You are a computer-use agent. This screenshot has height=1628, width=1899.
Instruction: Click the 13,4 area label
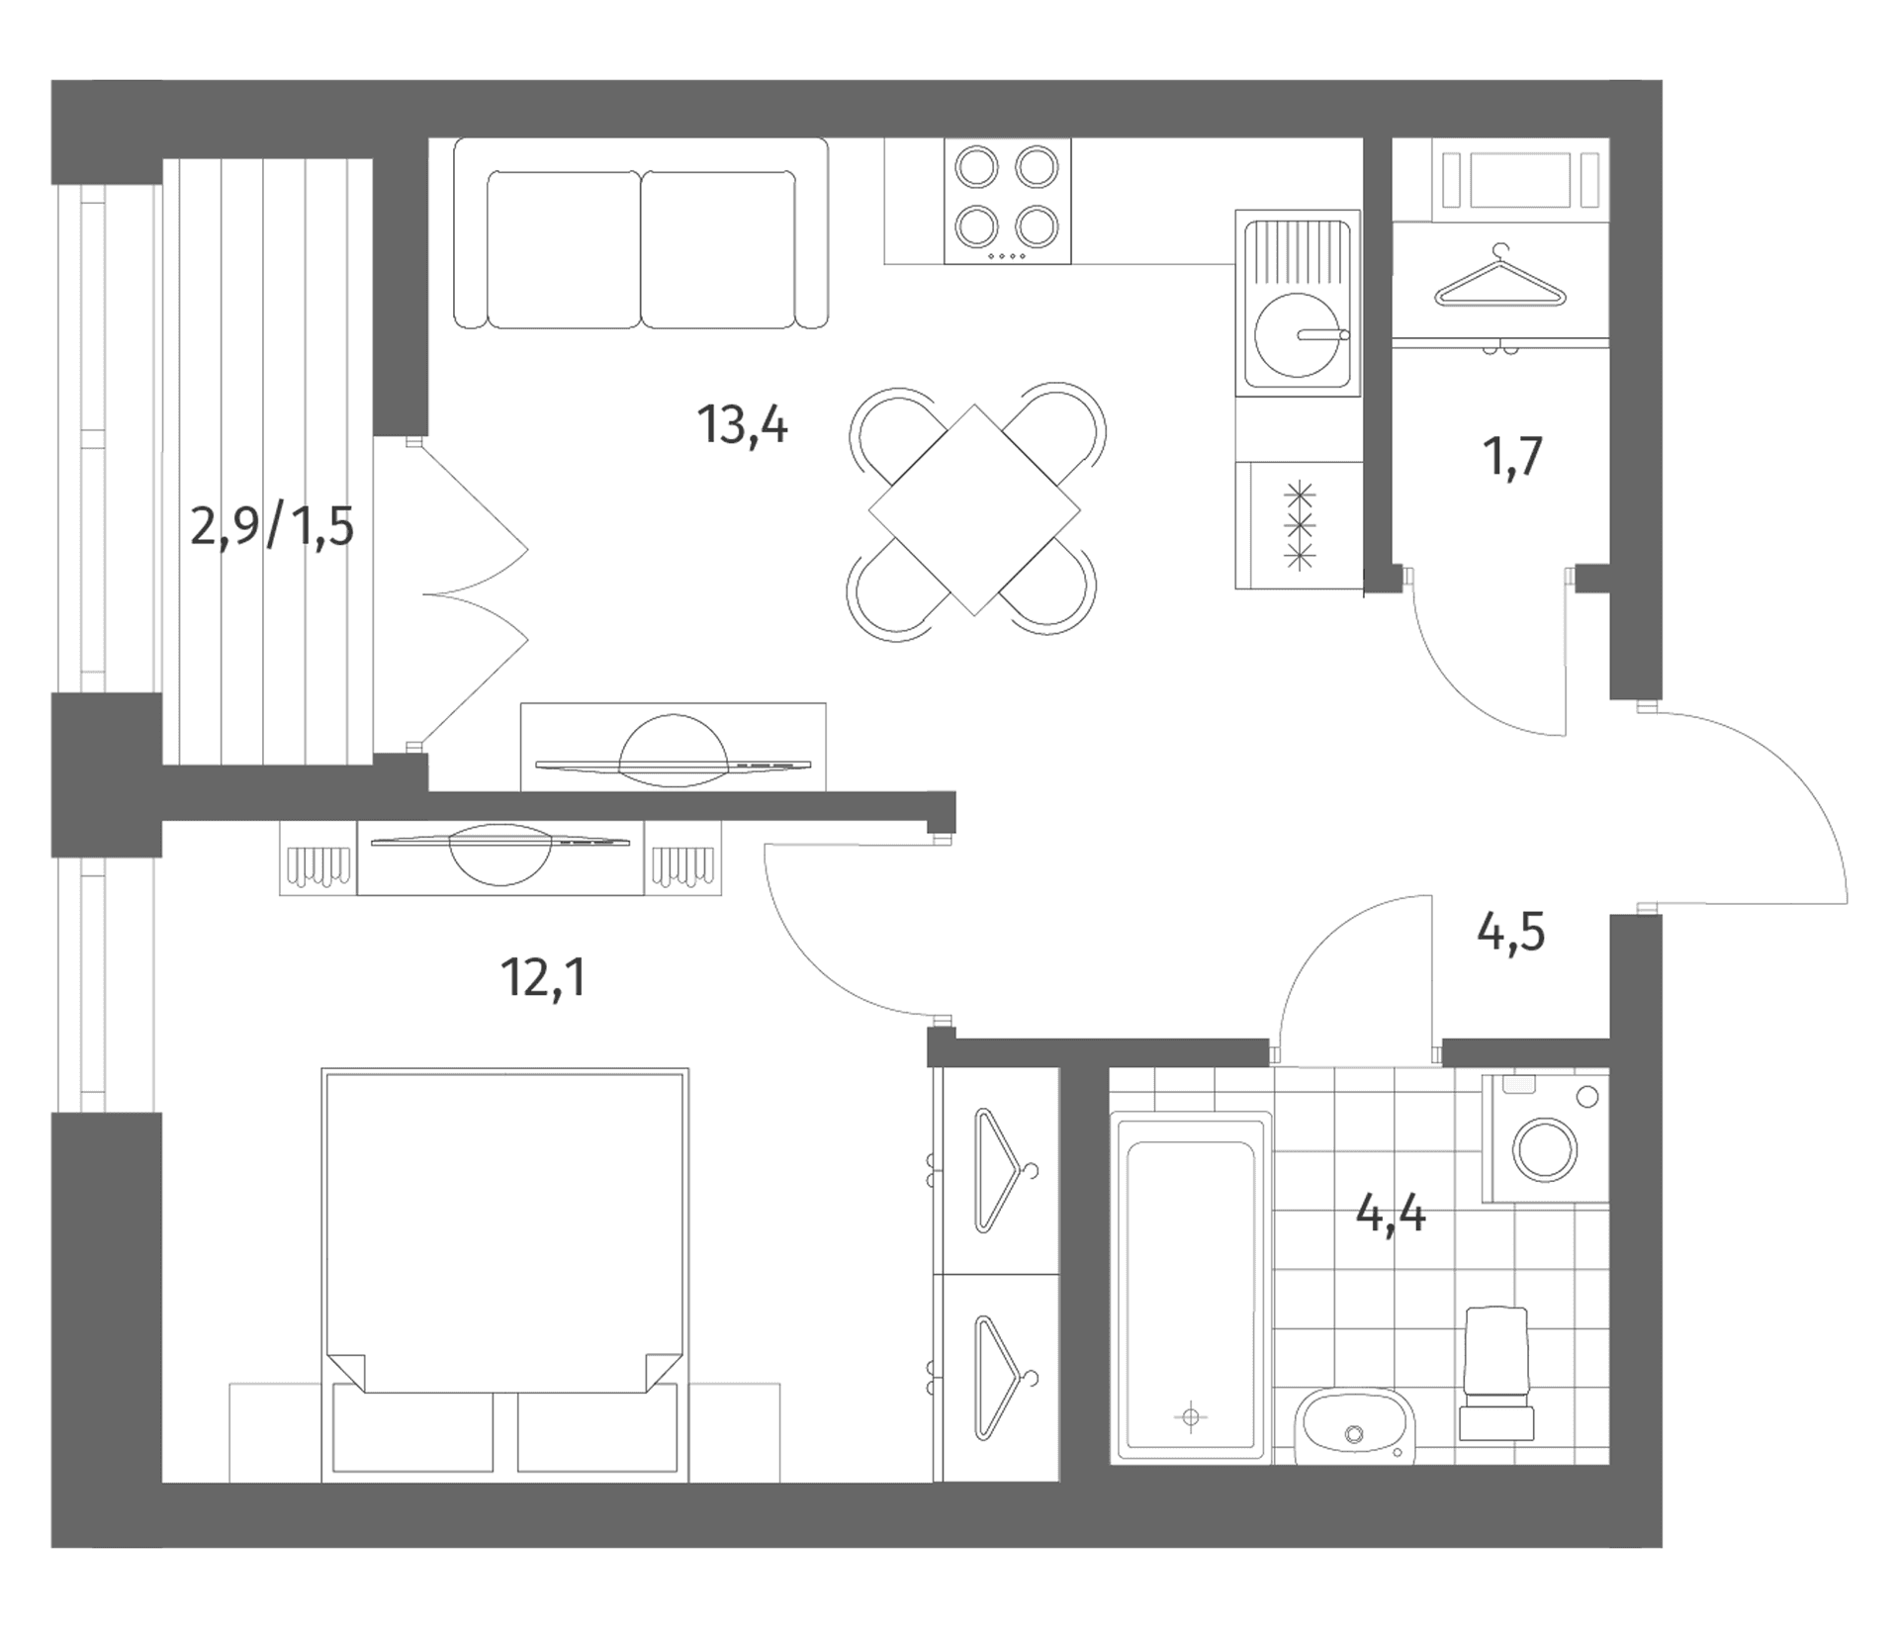coord(743,426)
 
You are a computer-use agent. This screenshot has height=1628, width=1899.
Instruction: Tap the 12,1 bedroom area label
coord(543,978)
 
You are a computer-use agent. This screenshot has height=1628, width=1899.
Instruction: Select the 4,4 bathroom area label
coord(1391,1214)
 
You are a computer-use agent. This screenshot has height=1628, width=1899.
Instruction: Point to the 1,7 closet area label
coord(1512,456)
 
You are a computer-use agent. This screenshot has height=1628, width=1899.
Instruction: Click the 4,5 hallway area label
coord(1510,933)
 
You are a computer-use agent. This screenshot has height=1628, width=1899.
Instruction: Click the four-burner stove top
coord(1007,201)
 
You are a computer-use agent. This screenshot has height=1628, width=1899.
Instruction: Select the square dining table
coord(974,510)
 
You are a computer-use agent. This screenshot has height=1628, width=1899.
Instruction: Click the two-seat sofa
coord(641,233)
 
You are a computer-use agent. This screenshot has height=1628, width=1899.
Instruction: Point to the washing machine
coord(1545,1138)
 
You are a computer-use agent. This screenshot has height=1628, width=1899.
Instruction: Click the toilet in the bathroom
coord(1496,1373)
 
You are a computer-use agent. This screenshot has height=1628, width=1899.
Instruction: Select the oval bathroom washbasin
coord(1354,1425)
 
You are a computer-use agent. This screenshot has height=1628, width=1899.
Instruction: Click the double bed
coord(505,1275)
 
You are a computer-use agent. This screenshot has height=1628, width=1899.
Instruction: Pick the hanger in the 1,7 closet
coord(1499,278)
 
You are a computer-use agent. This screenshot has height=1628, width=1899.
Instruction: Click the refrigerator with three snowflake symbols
coord(1298,525)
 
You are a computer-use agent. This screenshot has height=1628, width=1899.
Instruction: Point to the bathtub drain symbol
coord(1191,1417)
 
